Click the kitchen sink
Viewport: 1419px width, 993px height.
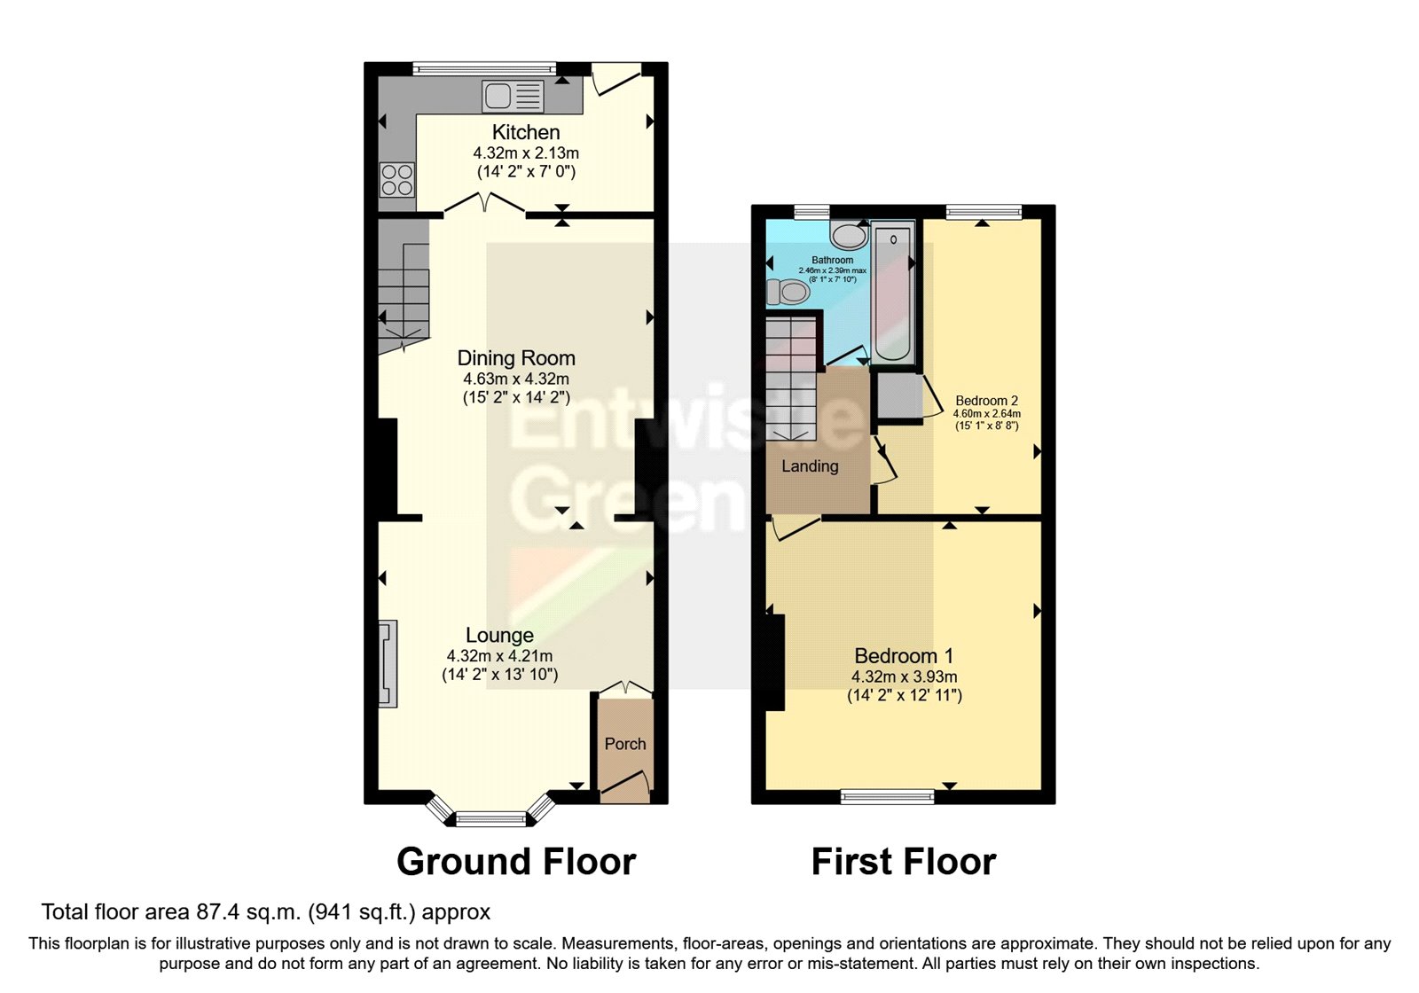[513, 96]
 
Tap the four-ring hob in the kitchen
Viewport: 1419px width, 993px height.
[396, 180]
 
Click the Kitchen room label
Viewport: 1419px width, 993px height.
[526, 132]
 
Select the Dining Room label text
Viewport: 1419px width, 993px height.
[516, 358]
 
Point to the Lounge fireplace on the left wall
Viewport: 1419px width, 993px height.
[388, 663]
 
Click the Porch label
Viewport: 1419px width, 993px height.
[624, 744]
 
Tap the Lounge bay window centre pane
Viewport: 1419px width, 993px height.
[490, 818]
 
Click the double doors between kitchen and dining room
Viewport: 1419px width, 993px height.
[484, 206]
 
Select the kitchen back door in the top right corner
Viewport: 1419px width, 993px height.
[616, 78]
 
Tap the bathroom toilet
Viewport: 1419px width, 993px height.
[788, 291]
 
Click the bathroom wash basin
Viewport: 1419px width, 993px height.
[850, 235]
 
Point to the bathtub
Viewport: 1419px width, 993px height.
[893, 293]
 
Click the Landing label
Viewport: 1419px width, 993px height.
[810, 466]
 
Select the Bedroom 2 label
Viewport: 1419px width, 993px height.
[986, 401]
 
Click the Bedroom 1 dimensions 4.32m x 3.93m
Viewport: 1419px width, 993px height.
[904, 676]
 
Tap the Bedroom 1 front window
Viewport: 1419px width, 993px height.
[887, 796]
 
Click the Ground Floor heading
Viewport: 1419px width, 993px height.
[516, 862]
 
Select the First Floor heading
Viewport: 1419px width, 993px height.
[903, 862]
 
